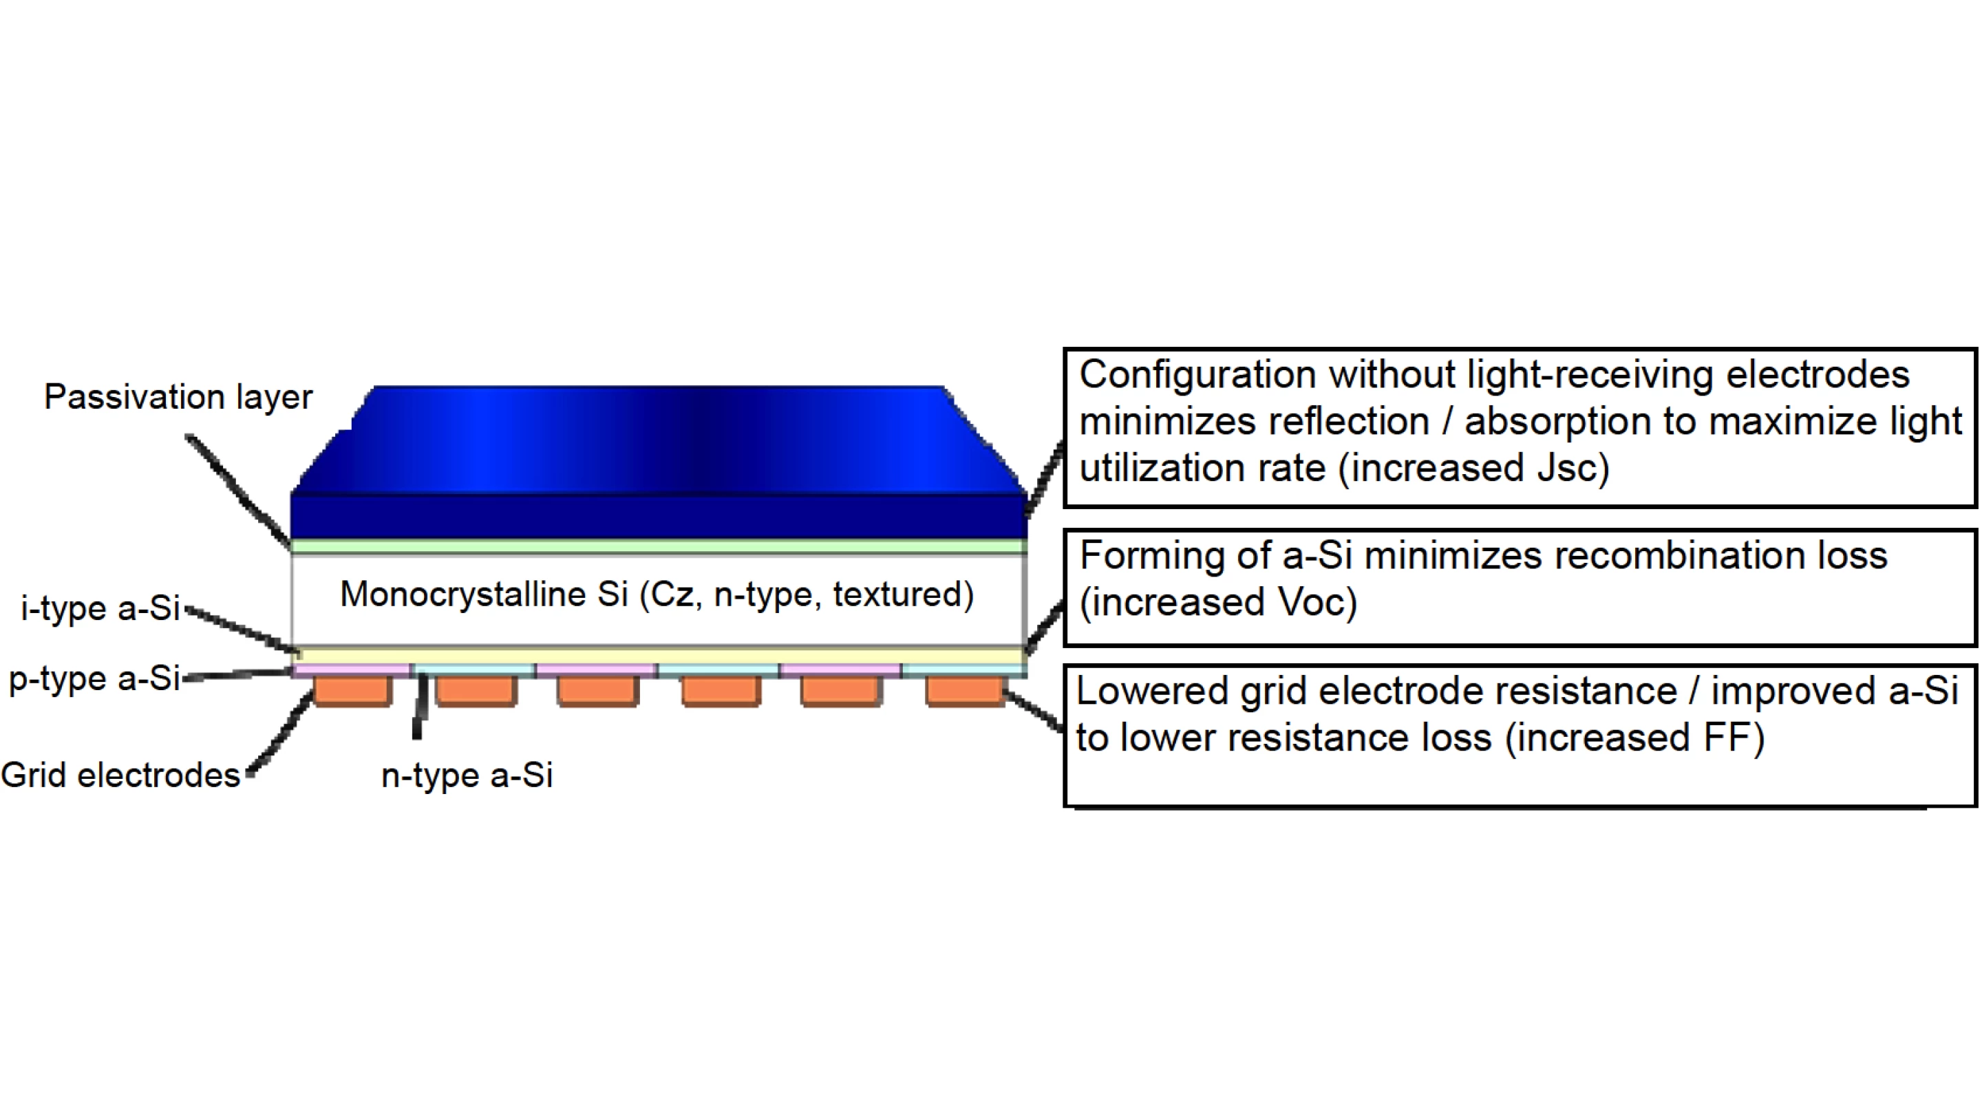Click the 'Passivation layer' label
178,398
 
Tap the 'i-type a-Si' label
100,608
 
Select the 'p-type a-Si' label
94,678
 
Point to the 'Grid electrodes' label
121,775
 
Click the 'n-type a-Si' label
467,775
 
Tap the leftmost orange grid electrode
353,690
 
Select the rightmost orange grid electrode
965,690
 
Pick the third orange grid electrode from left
598,690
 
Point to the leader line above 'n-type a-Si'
419,708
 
